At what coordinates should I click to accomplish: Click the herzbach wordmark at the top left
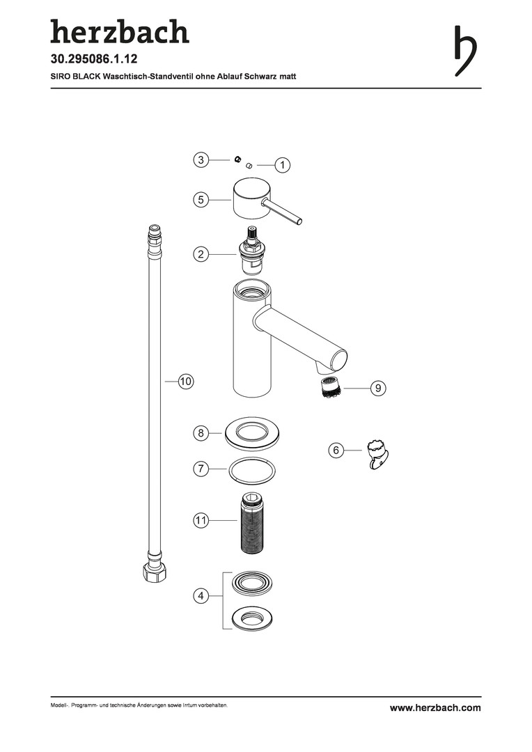120,31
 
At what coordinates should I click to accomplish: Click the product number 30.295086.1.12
94,59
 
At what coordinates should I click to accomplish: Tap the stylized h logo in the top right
465,50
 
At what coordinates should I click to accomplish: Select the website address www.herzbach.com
435,707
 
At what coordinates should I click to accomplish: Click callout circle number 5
201,200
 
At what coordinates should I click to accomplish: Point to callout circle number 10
186,382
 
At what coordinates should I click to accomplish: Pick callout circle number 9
378,388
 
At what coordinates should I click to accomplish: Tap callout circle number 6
336,450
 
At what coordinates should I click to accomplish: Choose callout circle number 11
201,520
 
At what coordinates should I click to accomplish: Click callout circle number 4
201,596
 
